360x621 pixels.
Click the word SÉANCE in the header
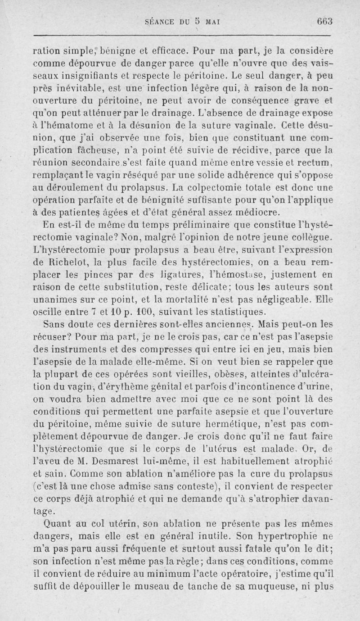pyautogui.click(x=160, y=22)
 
